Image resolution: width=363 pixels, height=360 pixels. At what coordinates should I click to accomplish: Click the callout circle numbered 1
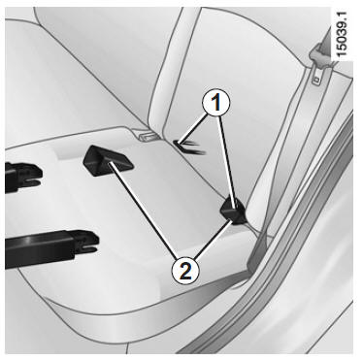tap(215, 103)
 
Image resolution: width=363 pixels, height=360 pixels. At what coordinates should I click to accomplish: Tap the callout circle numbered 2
tap(185, 272)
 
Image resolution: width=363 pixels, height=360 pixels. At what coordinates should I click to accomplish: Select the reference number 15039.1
tap(342, 35)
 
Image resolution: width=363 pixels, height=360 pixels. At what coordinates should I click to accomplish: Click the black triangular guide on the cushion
tap(108, 161)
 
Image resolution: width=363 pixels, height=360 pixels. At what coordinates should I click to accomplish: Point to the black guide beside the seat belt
tap(233, 212)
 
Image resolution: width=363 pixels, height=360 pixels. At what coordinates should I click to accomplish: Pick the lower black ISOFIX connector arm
tap(51, 248)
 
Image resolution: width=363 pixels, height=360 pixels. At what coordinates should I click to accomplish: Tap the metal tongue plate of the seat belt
tap(317, 77)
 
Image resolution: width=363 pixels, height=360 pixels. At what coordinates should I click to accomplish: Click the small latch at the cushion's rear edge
tap(148, 136)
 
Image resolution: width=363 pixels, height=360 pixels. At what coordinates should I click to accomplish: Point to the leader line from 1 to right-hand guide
tap(227, 159)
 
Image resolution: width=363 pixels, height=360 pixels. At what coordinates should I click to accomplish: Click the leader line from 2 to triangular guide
tap(143, 211)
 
